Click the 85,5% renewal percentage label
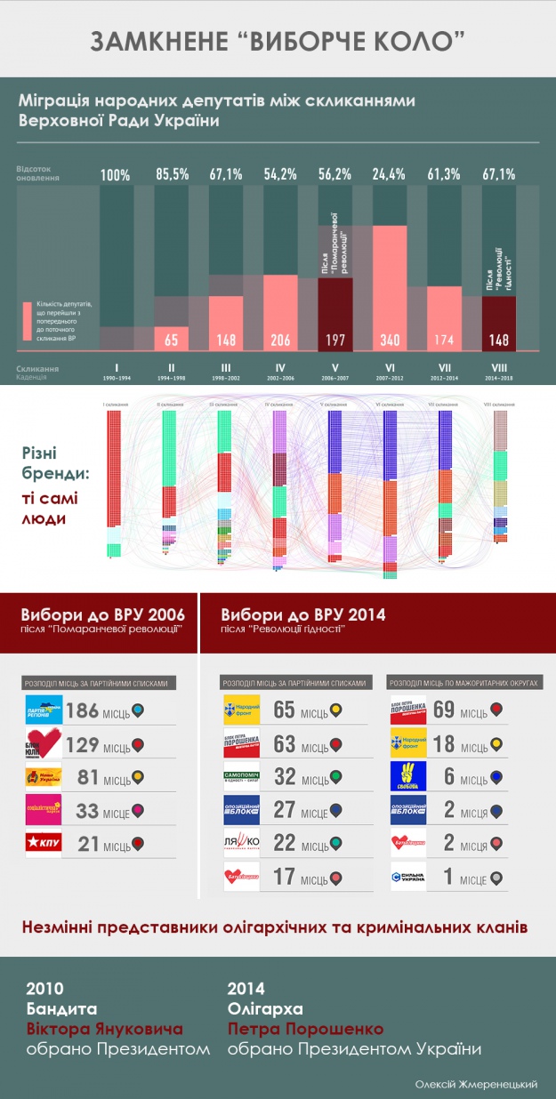coord(173,174)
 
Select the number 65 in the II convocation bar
coord(173,338)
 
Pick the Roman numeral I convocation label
coord(116,366)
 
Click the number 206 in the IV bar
coord(281,338)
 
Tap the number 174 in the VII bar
coord(443,338)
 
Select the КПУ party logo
coord(44,843)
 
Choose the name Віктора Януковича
coord(104,1029)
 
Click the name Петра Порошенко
coord(305,1029)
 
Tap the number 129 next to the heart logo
coord(83,743)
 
